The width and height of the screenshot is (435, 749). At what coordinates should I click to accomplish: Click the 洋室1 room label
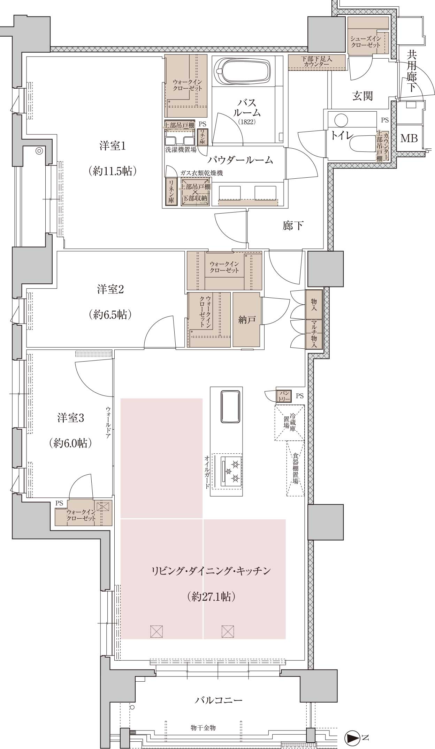pyautogui.click(x=112, y=146)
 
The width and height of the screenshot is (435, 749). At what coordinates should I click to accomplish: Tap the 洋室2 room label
pyautogui.click(x=110, y=289)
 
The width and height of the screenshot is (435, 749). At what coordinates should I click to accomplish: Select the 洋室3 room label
pyautogui.click(x=71, y=418)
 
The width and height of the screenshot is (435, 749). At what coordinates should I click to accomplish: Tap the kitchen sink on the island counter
pyautogui.click(x=230, y=407)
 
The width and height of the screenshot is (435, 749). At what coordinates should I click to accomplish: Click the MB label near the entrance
pyautogui.click(x=409, y=139)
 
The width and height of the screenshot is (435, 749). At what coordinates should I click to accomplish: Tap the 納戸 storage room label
pyautogui.click(x=247, y=319)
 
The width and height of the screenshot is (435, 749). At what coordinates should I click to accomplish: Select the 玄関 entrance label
pyautogui.click(x=362, y=96)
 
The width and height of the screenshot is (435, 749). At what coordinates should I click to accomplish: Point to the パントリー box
pyautogui.click(x=284, y=396)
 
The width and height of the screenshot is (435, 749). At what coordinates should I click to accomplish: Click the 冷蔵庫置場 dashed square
pyautogui.click(x=289, y=422)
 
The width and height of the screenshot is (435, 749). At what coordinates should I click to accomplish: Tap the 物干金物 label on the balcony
pyautogui.click(x=203, y=728)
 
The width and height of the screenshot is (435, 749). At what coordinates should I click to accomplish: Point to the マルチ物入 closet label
pyautogui.click(x=314, y=334)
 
